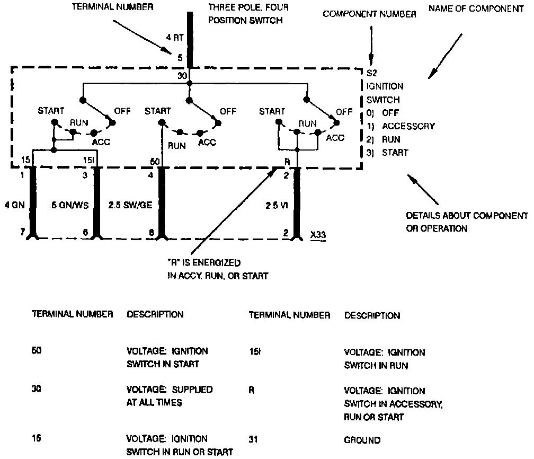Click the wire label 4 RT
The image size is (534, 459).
[174, 38]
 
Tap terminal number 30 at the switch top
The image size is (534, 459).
[182, 76]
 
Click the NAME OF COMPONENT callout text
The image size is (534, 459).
[470, 10]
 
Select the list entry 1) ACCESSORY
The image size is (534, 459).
[400, 126]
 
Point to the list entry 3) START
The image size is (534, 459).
[387, 153]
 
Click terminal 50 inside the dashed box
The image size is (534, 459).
[155, 161]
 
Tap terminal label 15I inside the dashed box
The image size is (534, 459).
[89, 160]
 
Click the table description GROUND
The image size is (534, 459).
[362, 440]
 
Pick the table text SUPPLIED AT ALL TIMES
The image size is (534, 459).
[169, 396]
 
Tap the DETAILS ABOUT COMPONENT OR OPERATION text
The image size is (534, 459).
[467, 222]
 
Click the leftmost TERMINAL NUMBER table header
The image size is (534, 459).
[73, 314]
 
